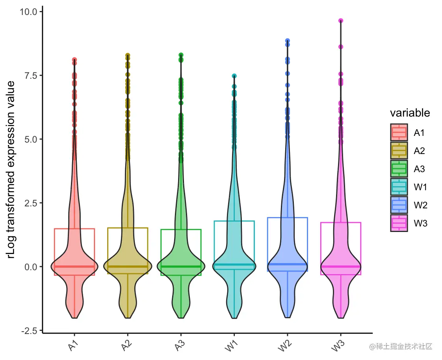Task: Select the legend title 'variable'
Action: coord(410,113)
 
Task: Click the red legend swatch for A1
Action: coord(399,132)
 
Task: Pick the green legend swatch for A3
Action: coord(399,169)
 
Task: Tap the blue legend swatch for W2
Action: coord(399,205)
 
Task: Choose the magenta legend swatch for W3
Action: coord(399,223)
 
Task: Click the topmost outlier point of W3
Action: coord(340,20)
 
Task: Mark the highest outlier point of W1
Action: coord(234,76)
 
